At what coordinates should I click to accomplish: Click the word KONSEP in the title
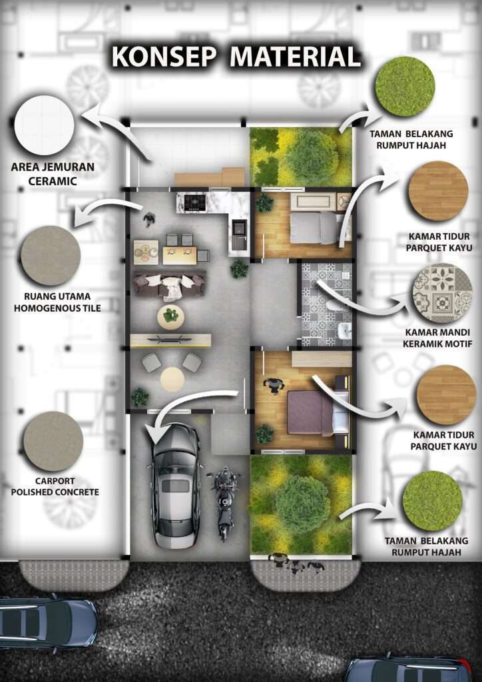tap(163, 57)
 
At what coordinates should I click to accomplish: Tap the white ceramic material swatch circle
tap(44, 125)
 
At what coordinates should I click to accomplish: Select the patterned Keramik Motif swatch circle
tap(442, 293)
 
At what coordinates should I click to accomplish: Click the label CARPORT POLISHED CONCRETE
tap(55, 487)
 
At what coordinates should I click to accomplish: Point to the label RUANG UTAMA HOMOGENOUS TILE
tap(57, 302)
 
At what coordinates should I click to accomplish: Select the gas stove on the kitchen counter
tap(195, 202)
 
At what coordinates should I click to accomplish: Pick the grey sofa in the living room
tap(169, 285)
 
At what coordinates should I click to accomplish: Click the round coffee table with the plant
tap(171, 316)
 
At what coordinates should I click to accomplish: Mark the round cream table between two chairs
tap(172, 379)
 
